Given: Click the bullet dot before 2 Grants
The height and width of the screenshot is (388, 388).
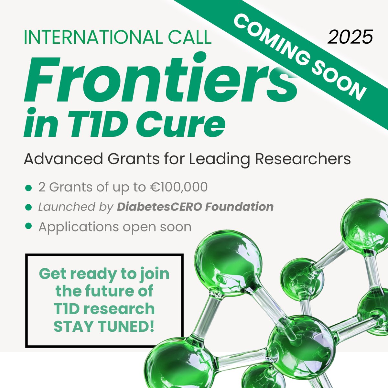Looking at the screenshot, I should (x=28, y=188).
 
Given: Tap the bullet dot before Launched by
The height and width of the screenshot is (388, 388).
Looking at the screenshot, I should (x=28, y=207).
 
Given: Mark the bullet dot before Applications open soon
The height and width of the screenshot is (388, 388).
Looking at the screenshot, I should (x=28, y=226).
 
